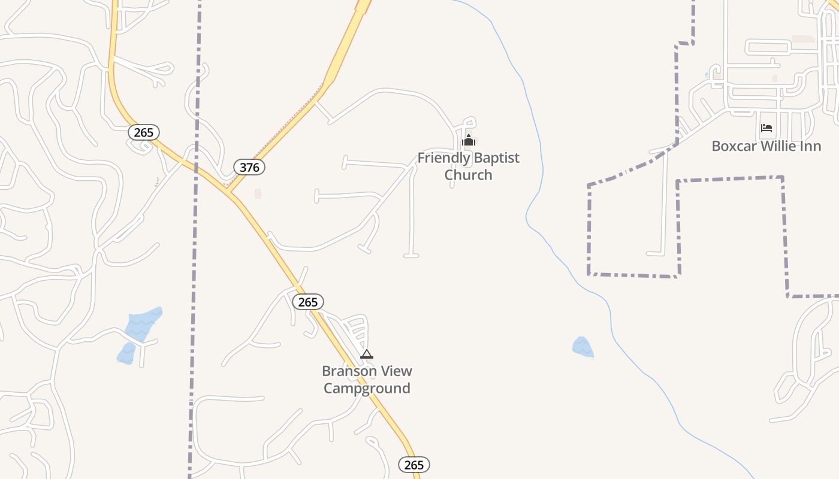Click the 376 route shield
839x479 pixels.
[249, 168]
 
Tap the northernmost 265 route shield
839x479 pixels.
[144, 132]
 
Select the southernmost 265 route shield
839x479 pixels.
[414, 465]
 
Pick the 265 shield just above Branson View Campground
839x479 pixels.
[308, 302]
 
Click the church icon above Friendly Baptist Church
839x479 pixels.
[469, 141]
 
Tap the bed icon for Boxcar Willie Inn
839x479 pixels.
[766, 128]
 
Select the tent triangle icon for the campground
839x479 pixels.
[367, 354]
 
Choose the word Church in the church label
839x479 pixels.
[468, 175]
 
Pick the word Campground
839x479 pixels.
[367, 388]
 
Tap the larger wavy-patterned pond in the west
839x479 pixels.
[143, 324]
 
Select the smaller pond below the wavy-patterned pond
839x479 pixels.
[126, 354]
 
